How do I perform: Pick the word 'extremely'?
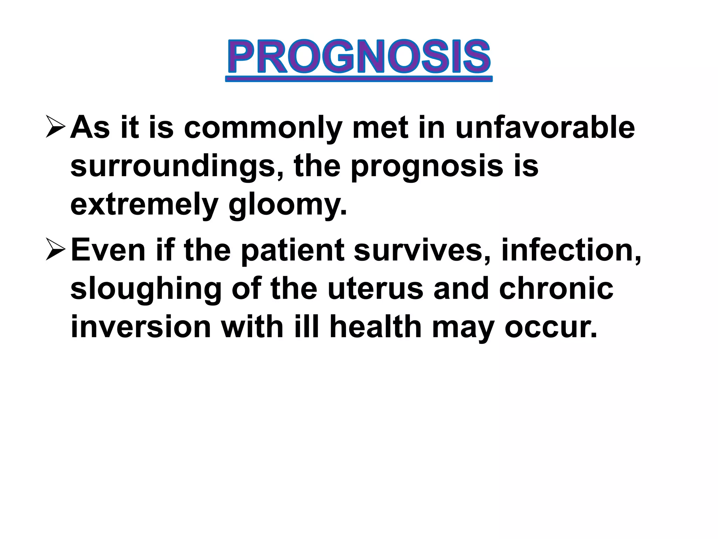(144, 205)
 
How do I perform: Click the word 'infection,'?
(571, 251)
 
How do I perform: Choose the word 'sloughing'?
(146, 290)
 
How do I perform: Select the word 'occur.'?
(551, 327)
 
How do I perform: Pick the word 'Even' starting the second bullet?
(108, 251)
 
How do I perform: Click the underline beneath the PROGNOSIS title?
(359, 80)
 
